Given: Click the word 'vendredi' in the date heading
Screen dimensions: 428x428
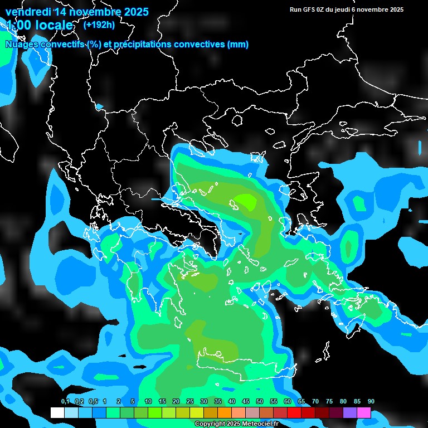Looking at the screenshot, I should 28,12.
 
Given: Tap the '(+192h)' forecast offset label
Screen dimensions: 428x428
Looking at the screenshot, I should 99,25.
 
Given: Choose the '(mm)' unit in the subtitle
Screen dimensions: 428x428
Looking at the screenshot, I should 238,45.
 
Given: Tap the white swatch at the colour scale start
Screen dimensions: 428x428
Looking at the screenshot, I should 57,413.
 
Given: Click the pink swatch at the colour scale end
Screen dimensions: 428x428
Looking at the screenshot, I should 364,413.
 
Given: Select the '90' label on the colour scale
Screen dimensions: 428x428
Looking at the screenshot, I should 371,402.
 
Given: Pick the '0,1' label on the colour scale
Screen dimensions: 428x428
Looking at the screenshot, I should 65,402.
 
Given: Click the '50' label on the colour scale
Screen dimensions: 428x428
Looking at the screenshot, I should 260,402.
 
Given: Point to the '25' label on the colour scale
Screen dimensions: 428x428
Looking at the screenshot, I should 189,402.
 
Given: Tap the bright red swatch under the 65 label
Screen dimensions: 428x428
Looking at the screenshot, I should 294,413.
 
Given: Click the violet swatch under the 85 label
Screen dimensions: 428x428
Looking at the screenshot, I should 350,413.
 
